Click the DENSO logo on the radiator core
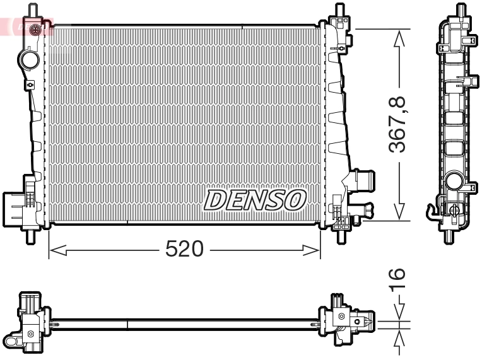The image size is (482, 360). pyautogui.click(x=255, y=200)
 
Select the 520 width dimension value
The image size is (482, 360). pyautogui.click(x=184, y=250)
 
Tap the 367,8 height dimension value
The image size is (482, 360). pyautogui.click(x=397, y=124)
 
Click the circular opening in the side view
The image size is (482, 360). pyautogui.click(x=454, y=182)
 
